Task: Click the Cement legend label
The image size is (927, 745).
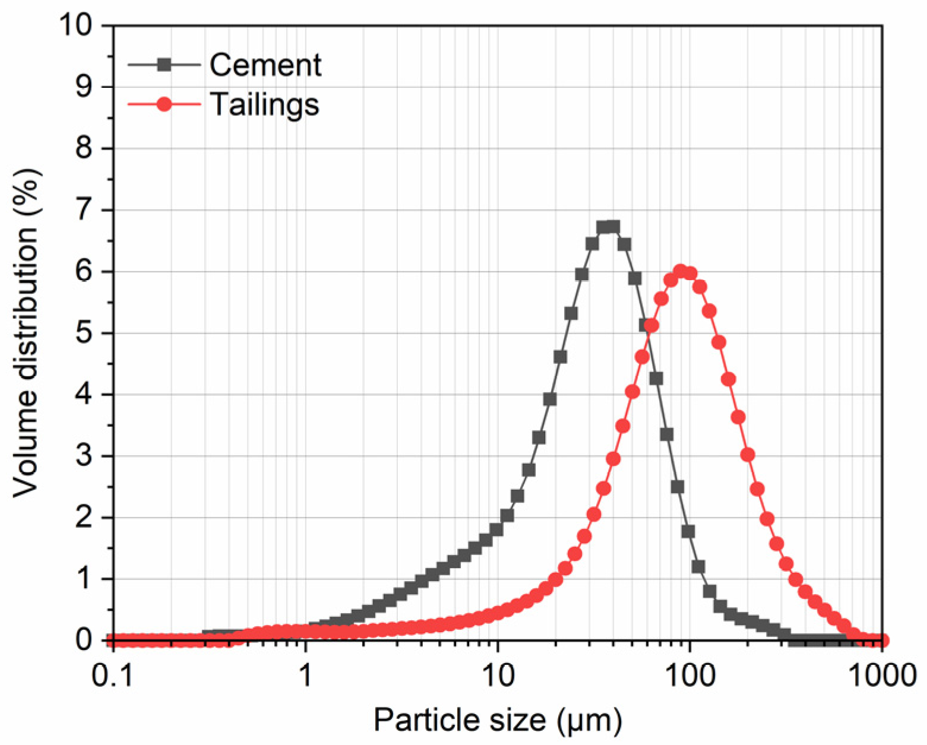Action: point(265,65)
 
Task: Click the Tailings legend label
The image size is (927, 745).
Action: point(264,104)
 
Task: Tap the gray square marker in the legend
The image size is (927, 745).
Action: point(164,65)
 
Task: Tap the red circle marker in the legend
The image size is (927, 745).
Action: point(164,104)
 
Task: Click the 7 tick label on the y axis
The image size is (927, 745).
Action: point(85,210)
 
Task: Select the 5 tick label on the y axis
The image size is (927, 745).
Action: point(85,333)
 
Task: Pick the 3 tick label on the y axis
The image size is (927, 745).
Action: point(85,456)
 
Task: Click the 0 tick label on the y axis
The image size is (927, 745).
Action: point(85,640)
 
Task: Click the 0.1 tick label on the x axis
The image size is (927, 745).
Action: point(113,675)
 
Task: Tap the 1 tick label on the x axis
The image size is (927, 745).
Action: point(305,675)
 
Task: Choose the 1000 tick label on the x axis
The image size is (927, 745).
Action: point(881,675)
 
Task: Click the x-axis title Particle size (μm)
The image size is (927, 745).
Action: point(498,720)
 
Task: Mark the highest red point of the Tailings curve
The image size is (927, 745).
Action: point(680,271)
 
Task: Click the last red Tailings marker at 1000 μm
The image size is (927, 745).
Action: point(882,640)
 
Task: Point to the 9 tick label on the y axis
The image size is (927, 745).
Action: point(85,87)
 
